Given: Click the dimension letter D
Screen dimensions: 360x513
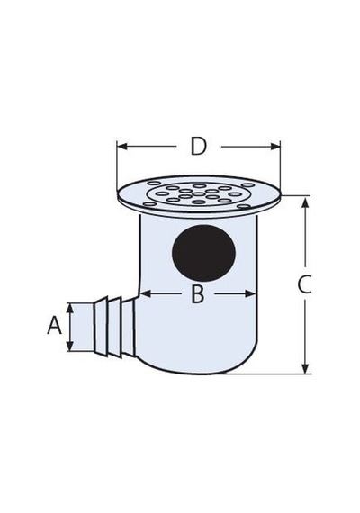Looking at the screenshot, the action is point(199,146).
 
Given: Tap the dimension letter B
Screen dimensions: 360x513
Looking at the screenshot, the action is point(198,293).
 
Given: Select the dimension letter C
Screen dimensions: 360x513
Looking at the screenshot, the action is point(304,284).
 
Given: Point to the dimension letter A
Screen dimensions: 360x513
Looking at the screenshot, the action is point(54,325).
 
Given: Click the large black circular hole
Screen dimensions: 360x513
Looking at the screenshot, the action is point(203,253).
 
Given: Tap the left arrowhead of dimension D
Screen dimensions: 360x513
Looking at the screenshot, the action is point(122,146).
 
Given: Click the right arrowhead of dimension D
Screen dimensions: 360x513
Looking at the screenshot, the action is point(274,146).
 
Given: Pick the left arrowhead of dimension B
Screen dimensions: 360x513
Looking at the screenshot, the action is point(146,293).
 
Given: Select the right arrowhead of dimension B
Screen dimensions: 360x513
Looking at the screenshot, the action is point(250,293).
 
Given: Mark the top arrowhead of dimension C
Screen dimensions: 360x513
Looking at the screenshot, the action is point(305,202).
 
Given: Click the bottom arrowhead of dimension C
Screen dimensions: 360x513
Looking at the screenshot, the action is point(305,368).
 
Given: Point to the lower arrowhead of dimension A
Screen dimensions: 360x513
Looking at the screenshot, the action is point(70,346).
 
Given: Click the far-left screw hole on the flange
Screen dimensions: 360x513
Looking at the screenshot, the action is point(149,204).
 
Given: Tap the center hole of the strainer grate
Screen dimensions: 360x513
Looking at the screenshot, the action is point(199,194).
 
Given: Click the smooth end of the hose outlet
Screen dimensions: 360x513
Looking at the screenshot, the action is point(83,328).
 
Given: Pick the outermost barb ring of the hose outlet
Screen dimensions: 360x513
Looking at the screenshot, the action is point(102,326).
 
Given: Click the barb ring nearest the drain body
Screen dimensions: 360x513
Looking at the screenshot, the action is point(129,328).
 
